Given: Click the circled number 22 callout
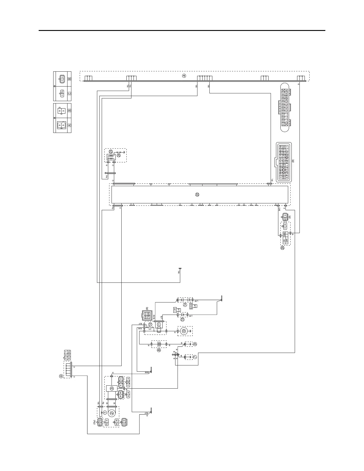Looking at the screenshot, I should (197, 194).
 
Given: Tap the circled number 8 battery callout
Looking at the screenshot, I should (159, 350).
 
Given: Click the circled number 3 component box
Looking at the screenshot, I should (112, 388).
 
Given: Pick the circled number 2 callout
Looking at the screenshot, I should (112, 413).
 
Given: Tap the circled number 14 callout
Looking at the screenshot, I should (185, 305).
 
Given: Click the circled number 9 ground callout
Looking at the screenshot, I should (195, 344).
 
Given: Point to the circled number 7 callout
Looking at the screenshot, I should (195, 357).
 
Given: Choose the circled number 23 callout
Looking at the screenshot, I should (111, 152).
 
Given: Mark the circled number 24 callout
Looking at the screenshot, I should (119, 155).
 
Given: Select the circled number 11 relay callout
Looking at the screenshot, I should (159, 324).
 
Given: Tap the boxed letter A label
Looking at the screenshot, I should (70, 125).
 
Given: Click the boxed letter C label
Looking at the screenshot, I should (70, 93).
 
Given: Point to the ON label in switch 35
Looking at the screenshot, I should (284, 241).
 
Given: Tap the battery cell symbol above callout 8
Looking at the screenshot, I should (159, 344).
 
